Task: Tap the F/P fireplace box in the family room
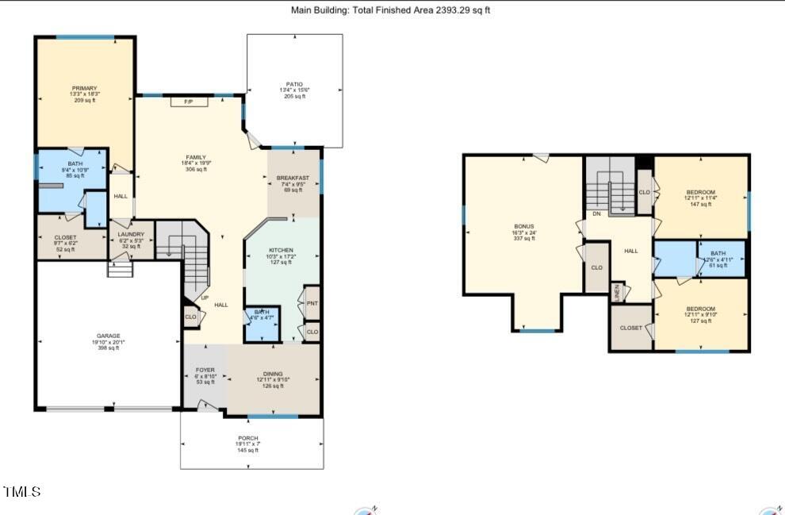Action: (190, 102)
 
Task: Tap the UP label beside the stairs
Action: (205, 298)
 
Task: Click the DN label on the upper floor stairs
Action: (595, 214)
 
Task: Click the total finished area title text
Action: (392, 10)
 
